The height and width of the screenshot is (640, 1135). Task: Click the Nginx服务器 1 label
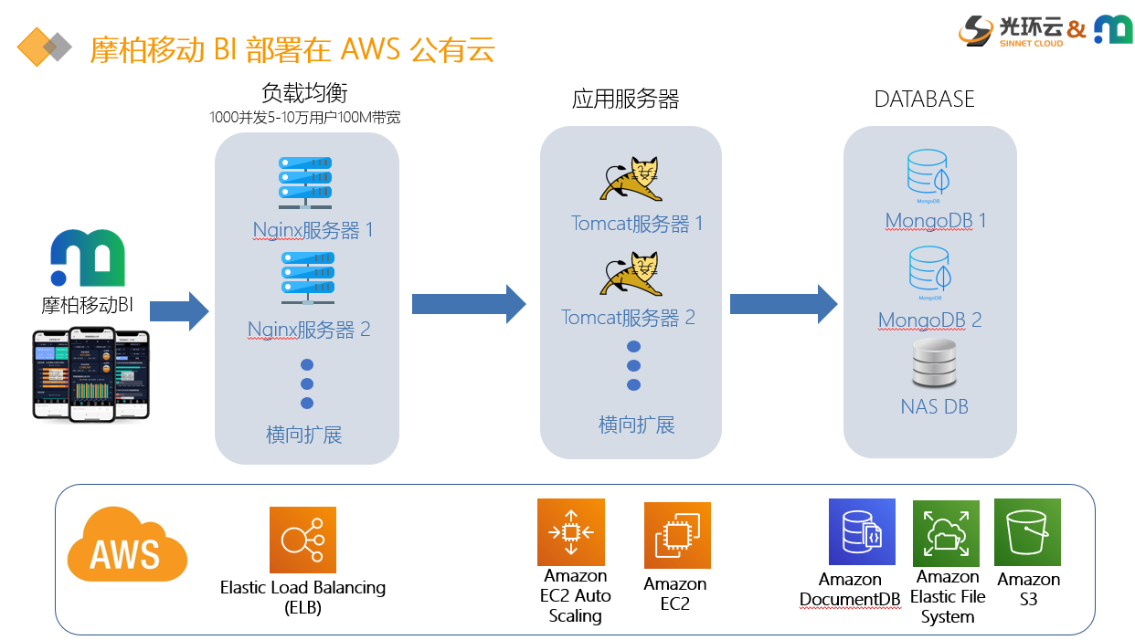tap(313, 229)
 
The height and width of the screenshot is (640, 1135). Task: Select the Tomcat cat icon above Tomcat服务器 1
tap(631, 179)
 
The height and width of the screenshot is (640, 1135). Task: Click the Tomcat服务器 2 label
tap(628, 318)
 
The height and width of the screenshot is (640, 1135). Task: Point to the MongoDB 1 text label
tap(936, 221)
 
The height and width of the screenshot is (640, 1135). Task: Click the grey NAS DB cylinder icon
tap(933, 364)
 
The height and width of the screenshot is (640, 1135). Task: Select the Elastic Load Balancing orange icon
tap(302, 540)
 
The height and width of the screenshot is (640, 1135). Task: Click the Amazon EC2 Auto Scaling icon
tap(571, 532)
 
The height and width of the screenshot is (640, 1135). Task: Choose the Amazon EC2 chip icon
tap(677, 536)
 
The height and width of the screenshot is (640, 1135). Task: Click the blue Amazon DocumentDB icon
tap(862, 532)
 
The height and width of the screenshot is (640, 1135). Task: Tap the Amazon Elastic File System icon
tap(946, 533)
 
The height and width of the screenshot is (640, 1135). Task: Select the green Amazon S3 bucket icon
tap(1027, 531)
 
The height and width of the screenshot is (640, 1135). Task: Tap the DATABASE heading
tap(925, 100)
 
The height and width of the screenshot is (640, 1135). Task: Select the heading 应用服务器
tap(626, 99)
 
